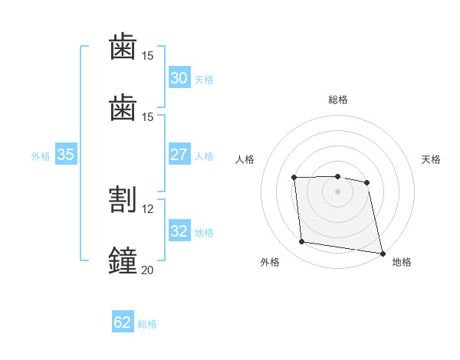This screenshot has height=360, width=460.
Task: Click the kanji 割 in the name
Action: click(123, 199)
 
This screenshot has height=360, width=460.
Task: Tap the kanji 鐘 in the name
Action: click(123, 260)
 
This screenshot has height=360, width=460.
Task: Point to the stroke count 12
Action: click(147, 209)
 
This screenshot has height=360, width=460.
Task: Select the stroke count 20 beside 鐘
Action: click(147, 270)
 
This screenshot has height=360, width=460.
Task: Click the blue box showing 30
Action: click(179, 77)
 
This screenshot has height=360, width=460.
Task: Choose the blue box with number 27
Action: click(179, 154)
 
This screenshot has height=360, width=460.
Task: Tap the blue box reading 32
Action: click(179, 230)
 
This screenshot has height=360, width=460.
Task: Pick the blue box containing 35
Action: click(66, 154)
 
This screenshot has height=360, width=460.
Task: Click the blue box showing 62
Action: click(123, 321)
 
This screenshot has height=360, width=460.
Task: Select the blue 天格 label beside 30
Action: click(204, 80)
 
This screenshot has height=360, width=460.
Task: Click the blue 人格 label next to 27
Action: click(204, 156)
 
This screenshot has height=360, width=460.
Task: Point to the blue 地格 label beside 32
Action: click(204, 233)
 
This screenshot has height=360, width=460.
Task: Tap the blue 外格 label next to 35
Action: click(41, 156)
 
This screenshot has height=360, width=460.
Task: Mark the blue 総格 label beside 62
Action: click(147, 324)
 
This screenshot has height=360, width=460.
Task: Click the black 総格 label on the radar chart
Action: click(338, 100)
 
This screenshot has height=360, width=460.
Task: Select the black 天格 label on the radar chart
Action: click(431, 159)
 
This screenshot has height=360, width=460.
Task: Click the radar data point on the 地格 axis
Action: click(383, 254)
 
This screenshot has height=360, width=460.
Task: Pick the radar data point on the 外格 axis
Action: click(301, 241)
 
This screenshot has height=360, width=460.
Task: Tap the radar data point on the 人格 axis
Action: click(294, 178)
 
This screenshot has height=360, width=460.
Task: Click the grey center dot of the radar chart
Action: click(337, 191)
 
